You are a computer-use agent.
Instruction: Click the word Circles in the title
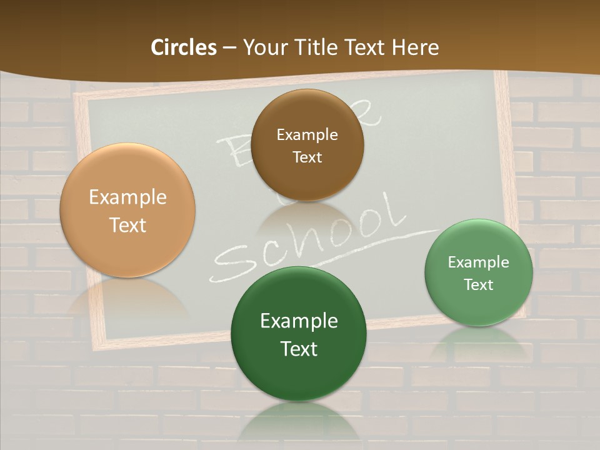coord(183,47)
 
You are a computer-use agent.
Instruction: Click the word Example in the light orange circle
coord(127,197)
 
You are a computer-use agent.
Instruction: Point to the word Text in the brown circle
coord(307,157)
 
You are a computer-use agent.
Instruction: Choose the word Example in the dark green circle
coord(299,321)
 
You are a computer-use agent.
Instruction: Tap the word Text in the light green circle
coord(479,284)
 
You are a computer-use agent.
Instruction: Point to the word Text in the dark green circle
coord(299,349)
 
